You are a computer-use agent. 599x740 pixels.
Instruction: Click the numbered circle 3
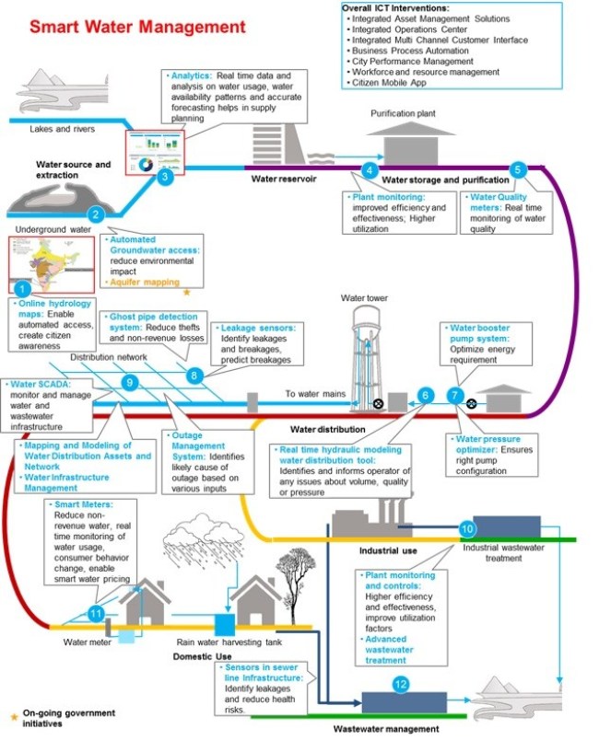[164, 177]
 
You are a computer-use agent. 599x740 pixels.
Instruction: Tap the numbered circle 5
[518, 169]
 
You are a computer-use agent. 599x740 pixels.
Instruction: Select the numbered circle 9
[130, 382]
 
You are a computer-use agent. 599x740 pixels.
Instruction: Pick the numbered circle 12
[399, 684]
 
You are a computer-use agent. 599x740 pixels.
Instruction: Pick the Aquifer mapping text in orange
[145, 282]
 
